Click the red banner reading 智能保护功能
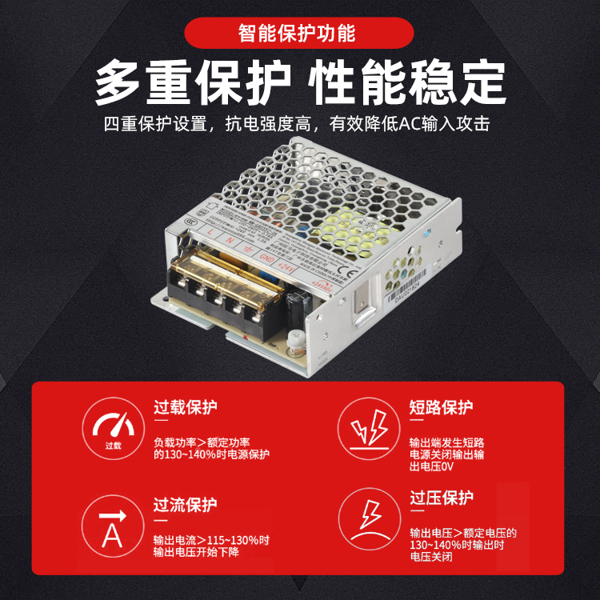299,34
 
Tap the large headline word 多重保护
192,83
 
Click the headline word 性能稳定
408,83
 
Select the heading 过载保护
185,407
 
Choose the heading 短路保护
441,407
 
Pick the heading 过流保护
185,505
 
